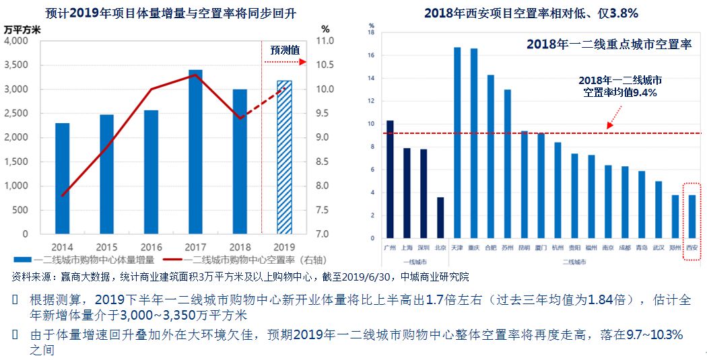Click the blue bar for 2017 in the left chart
coord(195,151)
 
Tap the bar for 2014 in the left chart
coord(62,178)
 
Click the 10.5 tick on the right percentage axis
coord(325,65)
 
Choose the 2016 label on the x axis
coord(151,246)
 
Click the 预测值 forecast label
coord(285,50)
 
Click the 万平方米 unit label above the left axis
coord(22,29)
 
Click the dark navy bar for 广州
coord(390,179)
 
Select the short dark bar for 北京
coord(440,217)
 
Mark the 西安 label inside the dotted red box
coord(692,248)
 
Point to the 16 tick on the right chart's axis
coord(371,55)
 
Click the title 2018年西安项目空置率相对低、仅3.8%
coord(531,13)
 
